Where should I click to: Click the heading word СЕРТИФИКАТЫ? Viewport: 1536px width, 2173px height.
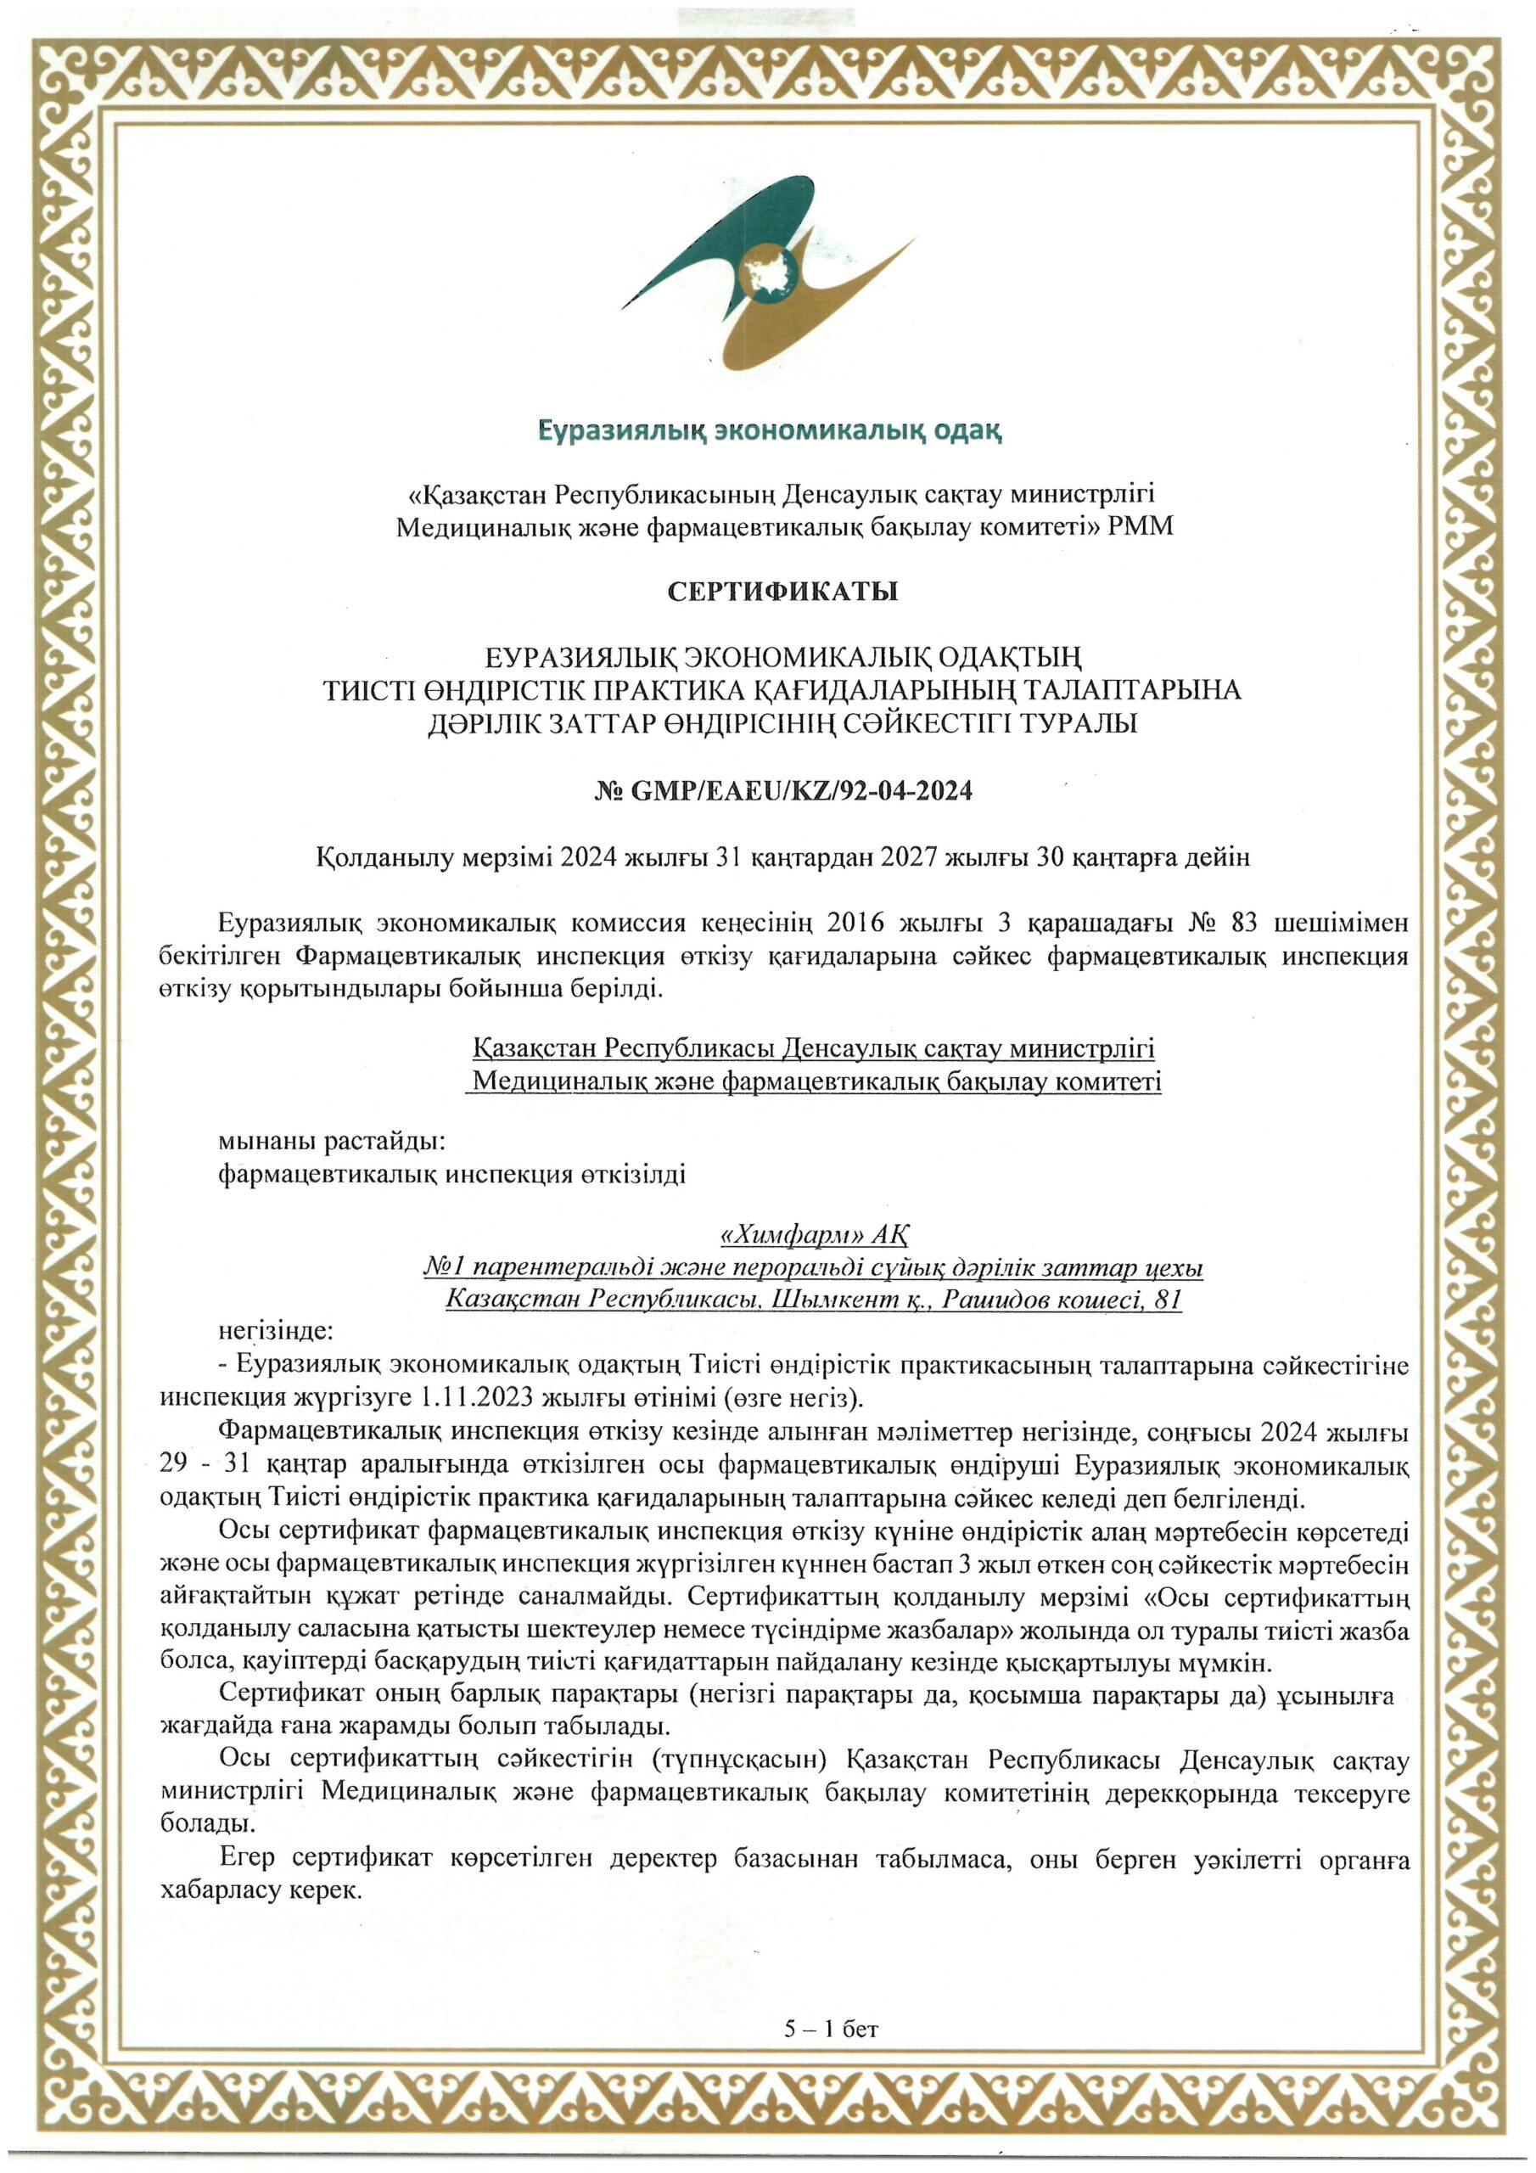[782, 592]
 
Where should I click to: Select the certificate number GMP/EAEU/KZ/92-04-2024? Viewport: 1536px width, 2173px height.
[800, 790]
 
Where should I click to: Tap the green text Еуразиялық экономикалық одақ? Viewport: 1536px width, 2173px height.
[770, 431]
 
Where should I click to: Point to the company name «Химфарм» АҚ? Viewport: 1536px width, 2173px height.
[815, 1235]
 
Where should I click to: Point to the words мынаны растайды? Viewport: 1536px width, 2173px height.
[331, 1142]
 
